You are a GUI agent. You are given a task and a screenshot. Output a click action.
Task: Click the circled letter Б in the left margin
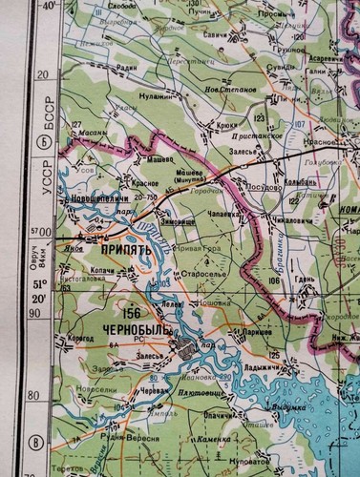40,143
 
